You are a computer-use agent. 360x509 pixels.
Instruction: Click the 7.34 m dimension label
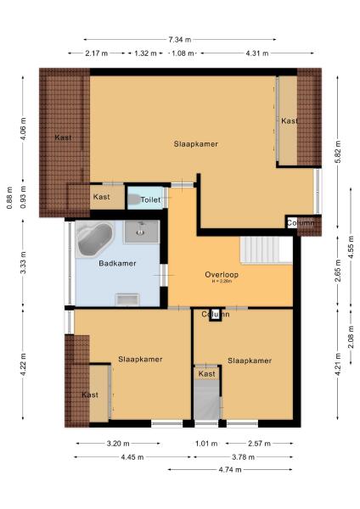[179, 40]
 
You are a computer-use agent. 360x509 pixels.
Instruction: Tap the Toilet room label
[149, 200]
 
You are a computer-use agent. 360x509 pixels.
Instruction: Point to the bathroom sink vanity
[141, 232]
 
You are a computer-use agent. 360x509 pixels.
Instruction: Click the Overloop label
[221, 274]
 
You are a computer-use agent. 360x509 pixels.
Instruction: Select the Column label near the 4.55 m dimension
[301, 223]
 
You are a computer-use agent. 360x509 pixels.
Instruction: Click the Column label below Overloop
[216, 315]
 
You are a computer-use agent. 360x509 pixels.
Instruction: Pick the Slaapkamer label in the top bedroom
[196, 144]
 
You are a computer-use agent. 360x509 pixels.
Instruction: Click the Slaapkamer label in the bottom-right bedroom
[250, 361]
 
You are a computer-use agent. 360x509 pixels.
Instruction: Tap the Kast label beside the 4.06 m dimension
[63, 137]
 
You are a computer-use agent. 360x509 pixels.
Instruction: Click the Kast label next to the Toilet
[101, 197]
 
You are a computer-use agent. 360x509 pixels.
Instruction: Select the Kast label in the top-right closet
[290, 121]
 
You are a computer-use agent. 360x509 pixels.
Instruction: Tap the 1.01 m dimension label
[201, 443]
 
